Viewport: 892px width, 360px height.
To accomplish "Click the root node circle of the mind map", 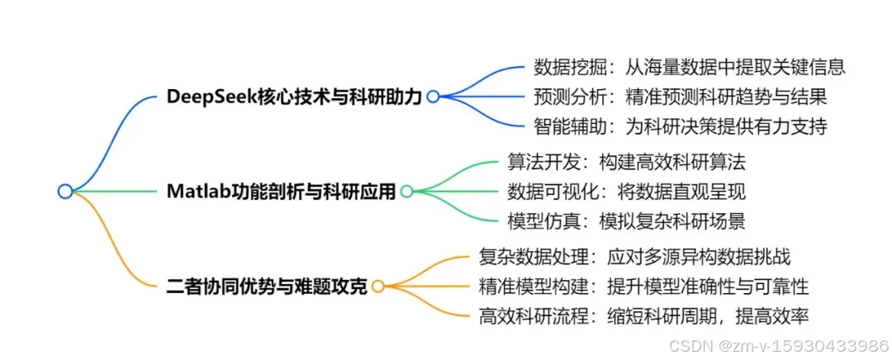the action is click(x=65, y=191).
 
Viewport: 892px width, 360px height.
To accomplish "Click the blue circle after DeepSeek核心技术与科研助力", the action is click(x=432, y=97).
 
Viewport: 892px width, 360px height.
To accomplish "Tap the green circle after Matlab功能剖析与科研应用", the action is click(x=406, y=192).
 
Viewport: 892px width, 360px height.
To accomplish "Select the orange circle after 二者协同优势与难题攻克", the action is click(x=377, y=287).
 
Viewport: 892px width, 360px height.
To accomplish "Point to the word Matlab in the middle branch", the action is click(x=197, y=192).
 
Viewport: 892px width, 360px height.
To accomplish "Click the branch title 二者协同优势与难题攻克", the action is click(x=267, y=287).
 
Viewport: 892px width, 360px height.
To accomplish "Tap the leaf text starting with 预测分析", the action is click(x=680, y=97).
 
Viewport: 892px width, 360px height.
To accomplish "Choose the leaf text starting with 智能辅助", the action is click(x=680, y=126).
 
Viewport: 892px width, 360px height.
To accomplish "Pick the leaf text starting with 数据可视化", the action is click(x=626, y=192).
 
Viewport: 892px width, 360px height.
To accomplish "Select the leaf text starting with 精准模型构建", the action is click(x=643, y=287).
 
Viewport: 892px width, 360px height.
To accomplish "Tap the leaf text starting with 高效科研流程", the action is click(x=643, y=315).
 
